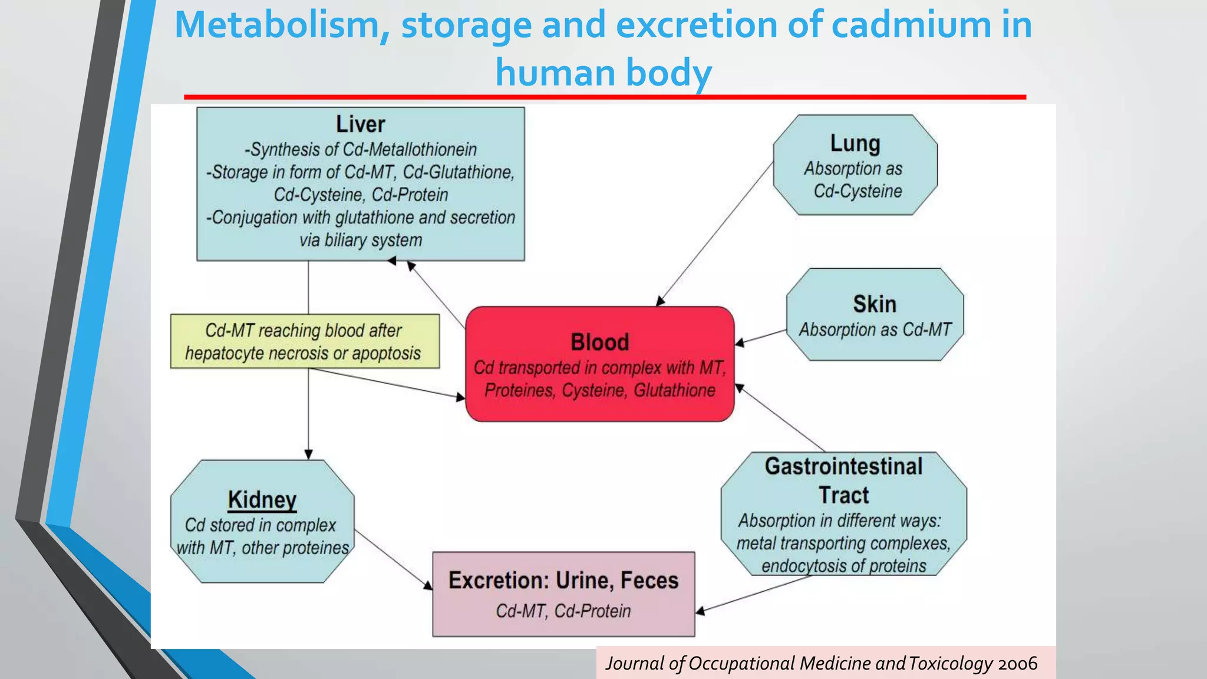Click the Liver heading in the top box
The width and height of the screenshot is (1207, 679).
click(360, 124)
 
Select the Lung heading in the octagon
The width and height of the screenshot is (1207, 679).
click(855, 143)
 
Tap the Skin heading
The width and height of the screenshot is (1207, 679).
click(875, 304)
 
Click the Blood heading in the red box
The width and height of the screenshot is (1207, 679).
click(599, 342)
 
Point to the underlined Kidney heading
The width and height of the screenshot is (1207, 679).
click(262, 500)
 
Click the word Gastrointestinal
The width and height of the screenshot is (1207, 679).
click(843, 466)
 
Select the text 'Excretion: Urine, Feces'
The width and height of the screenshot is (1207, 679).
click(563, 581)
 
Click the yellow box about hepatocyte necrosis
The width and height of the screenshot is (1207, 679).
click(305, 341)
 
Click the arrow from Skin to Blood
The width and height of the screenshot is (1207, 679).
click(761, 337)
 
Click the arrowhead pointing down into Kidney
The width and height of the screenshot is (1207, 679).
click(308, 454)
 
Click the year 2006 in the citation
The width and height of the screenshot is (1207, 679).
click(1017, 664)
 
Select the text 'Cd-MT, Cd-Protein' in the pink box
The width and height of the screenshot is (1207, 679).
click(563, 611)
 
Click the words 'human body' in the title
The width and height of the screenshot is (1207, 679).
click(603, 73)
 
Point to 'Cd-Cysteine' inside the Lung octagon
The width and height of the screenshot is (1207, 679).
click(858, 191)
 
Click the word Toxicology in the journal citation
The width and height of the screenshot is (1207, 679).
click(951, 664)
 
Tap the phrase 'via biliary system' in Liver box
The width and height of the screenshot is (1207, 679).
click(361, 240)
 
